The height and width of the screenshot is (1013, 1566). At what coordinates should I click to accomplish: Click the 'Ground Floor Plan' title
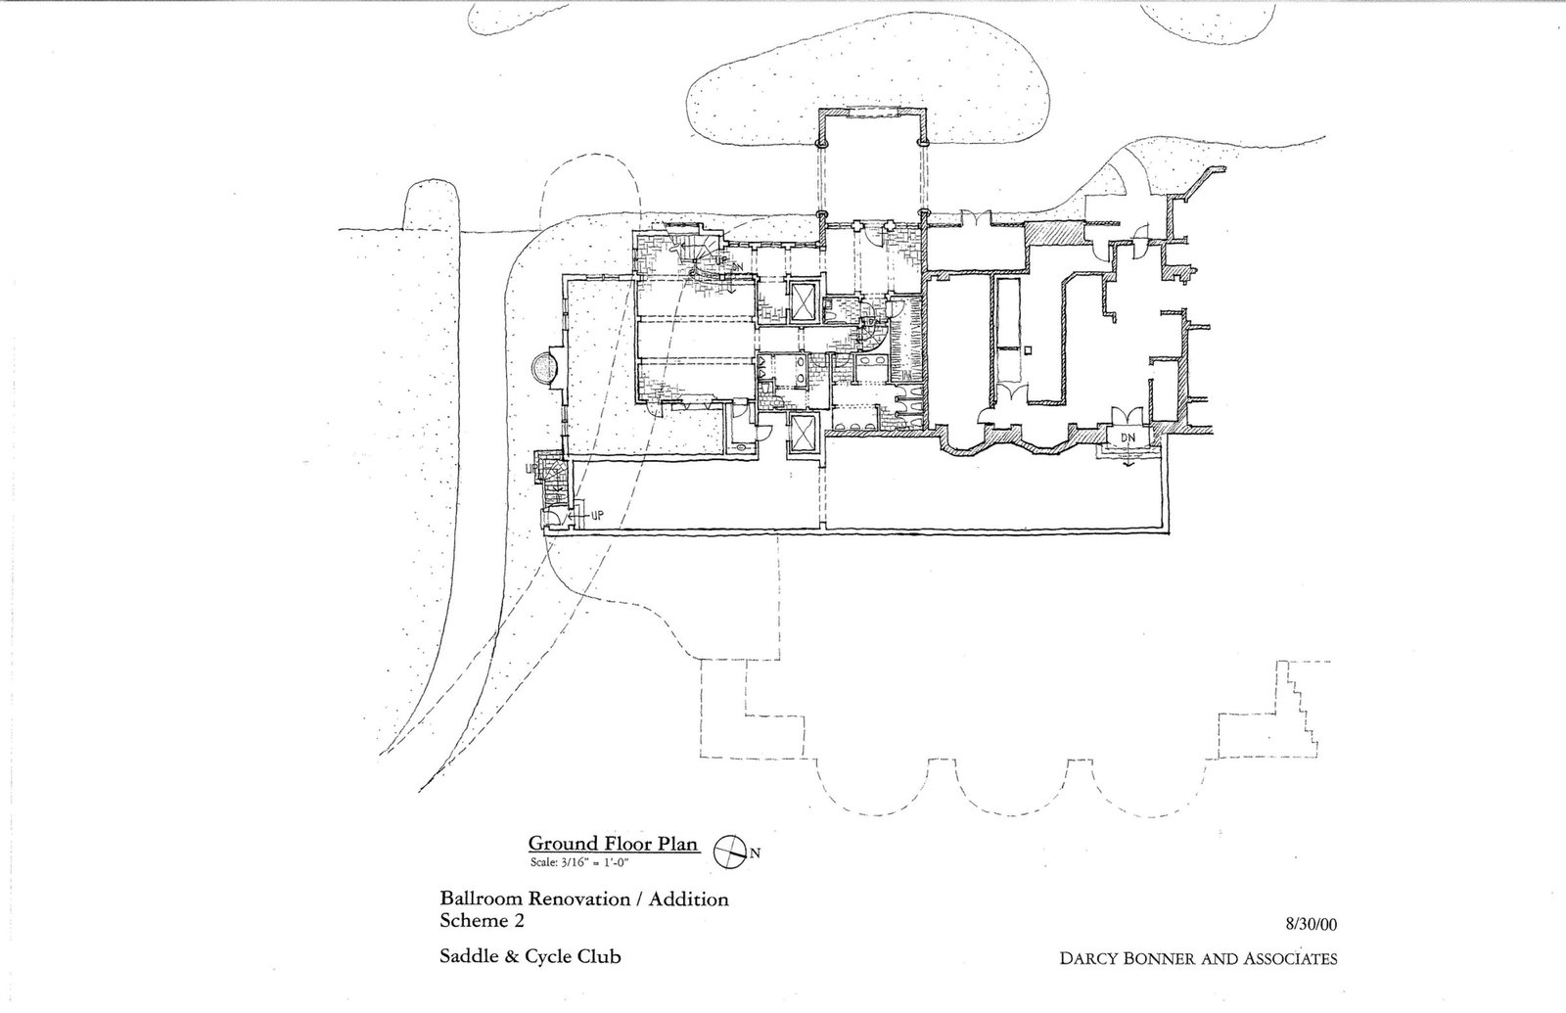[613, 844]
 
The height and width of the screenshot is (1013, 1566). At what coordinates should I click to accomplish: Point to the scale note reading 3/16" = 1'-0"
[580, 862]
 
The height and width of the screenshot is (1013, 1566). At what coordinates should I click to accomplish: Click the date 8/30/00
[1311, 924]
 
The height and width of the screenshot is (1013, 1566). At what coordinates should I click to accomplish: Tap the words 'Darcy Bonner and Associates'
[1198, 958]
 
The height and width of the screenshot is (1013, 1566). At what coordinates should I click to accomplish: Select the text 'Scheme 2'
[482, 921]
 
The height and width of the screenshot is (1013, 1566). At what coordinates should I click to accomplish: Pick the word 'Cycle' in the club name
[547, 956]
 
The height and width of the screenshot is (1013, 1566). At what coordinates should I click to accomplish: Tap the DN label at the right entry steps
[1128, 437]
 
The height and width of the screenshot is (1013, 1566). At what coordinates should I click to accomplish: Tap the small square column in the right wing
[1028, 350]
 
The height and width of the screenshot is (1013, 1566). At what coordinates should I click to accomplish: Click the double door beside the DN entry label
[1127, 416]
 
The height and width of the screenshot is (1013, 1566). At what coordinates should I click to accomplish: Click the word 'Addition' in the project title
[689, 899]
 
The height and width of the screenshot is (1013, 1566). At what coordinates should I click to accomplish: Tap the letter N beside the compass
[756, 852]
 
